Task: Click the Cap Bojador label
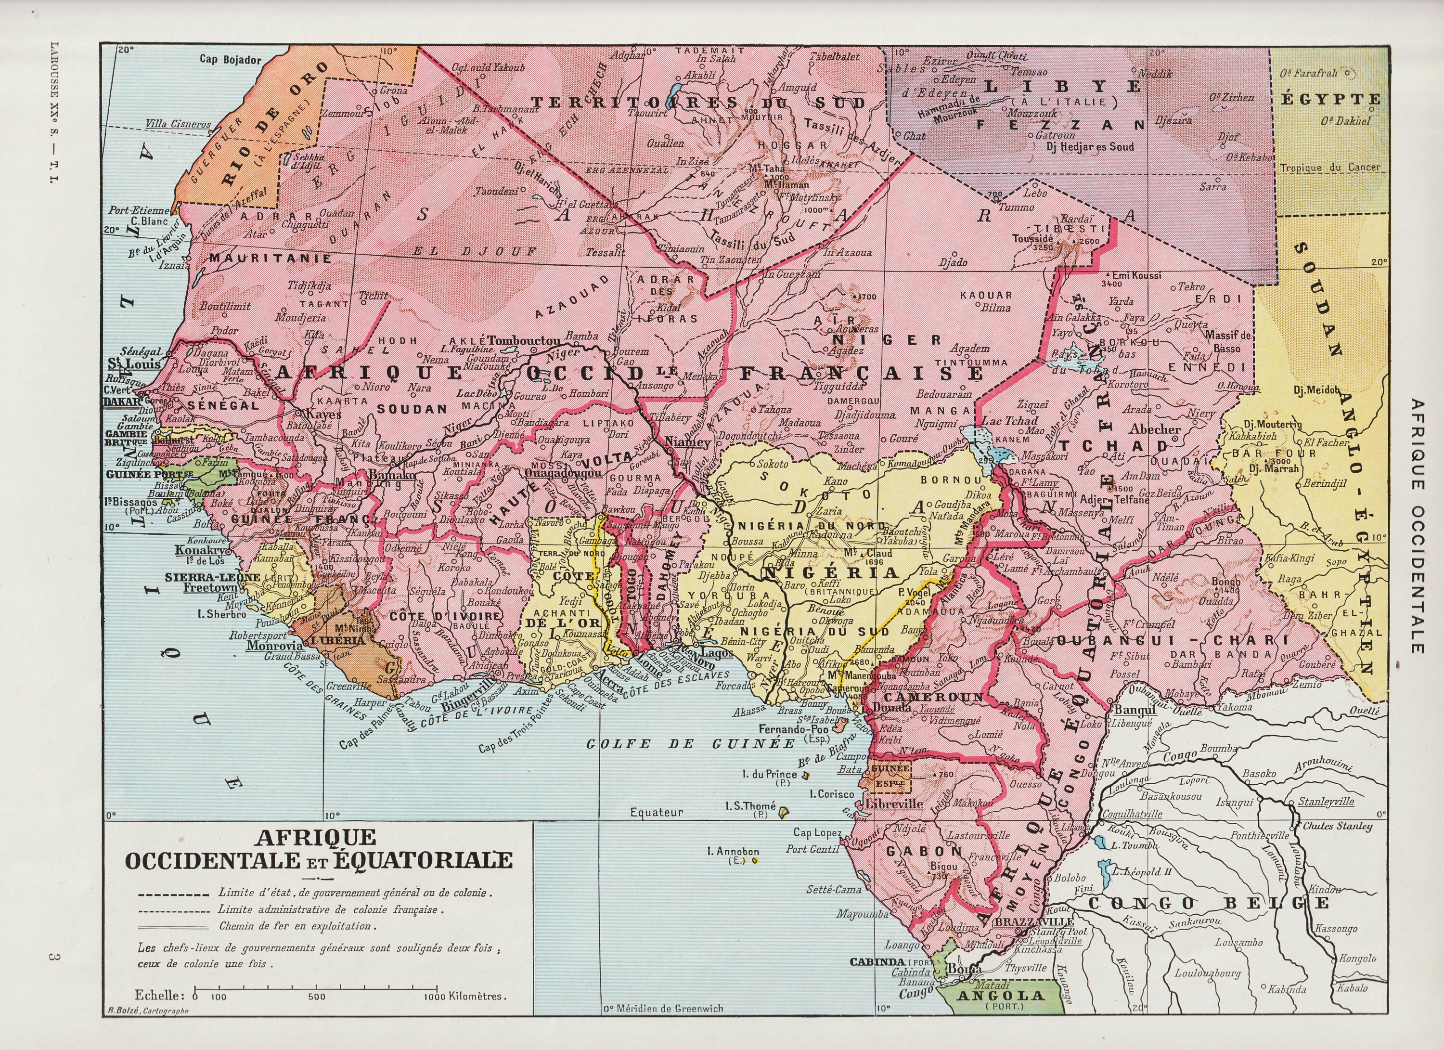click(x=231, y=59)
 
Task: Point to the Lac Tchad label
click(x=1010, y=421)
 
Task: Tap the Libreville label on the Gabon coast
click(x=894, y=804)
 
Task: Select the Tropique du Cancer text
click(x=1330, y=168)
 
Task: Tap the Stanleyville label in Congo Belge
click(x=1326, y=802)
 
